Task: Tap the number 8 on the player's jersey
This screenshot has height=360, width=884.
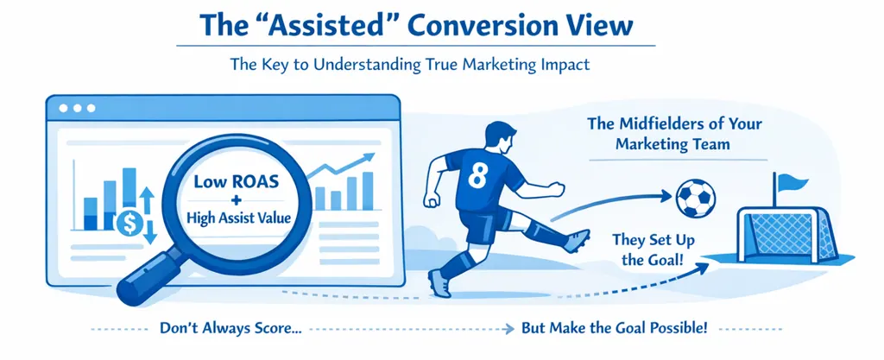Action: pyautogui.click(x=476, y=175)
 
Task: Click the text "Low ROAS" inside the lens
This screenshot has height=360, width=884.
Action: pyautogui.click(x=236, y=182)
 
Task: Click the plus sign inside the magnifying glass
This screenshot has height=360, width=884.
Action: pyautogui.click(x=236, y=200)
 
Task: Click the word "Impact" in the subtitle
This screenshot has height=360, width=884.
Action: pyautogui.click(x=564, y=64)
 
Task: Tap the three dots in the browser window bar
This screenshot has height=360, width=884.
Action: pyautogui.click(x=75, y=109)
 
